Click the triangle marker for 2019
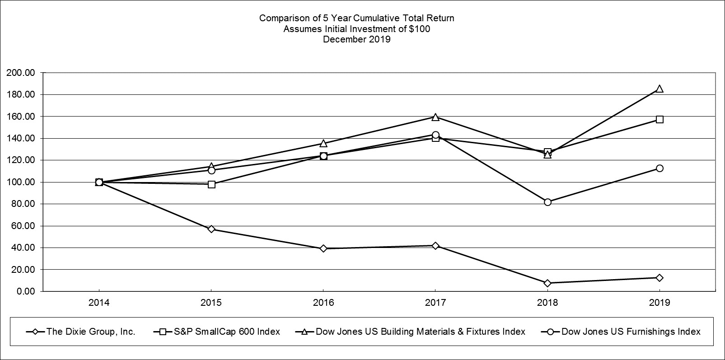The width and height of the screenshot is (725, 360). (660, 89)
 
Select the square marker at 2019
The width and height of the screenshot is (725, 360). (660, 119)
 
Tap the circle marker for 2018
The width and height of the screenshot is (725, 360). (547, 202)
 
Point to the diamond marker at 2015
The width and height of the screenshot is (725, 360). (211, 229)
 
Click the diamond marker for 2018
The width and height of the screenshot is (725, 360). (547, 283)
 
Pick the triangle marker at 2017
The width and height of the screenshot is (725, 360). (435, 117)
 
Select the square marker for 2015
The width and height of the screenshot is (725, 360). (211, 184)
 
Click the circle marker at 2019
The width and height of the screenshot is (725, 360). (660, 168)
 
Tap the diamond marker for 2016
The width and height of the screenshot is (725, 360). (323, 248)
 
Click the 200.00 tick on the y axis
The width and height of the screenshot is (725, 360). (20, 73)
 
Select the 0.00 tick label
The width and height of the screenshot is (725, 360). (24, 291)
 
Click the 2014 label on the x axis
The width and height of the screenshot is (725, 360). (99, 303)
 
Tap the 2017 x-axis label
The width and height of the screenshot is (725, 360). (435, 303)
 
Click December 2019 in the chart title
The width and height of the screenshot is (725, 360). (356, 39)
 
